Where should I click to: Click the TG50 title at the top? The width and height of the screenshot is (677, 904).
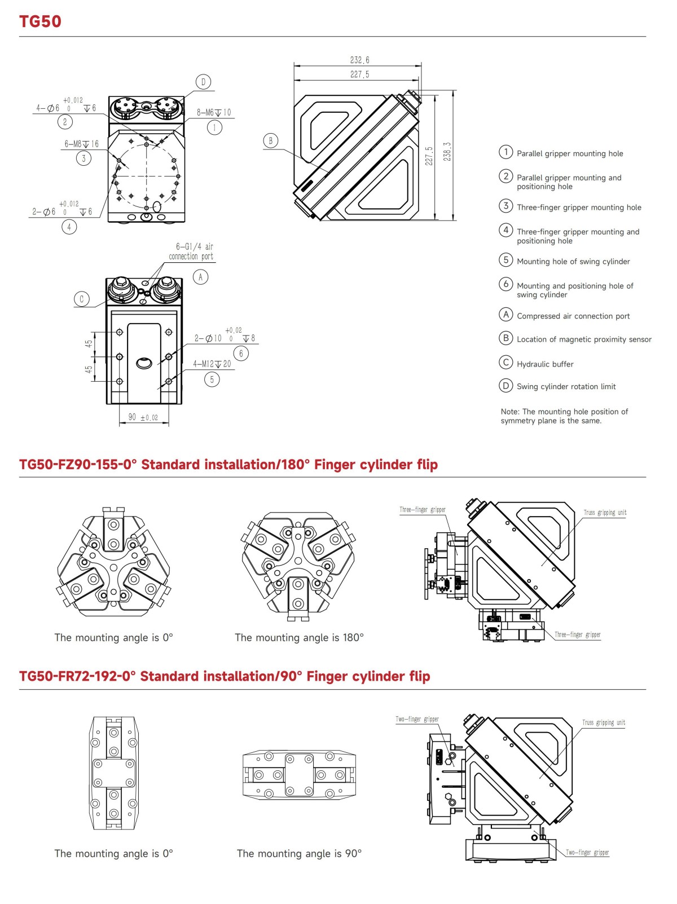(x=40, y=21)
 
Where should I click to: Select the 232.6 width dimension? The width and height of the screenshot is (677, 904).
(x=359, y=60)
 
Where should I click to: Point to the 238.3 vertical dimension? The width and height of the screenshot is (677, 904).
(x=447, y=152)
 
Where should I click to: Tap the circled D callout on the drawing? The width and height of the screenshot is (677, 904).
(x=203, y=82)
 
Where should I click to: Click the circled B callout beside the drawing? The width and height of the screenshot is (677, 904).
(x=271, y=140)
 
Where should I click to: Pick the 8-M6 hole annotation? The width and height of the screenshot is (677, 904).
(x=214, y=113)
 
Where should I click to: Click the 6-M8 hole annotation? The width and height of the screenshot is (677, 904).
(x=81, y=144)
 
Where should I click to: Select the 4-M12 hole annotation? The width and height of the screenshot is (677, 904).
(x=212, y=364)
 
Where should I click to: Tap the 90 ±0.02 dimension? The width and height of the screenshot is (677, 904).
(x=143, y=417)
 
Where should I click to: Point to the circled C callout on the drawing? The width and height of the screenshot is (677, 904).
(x=82, y=299)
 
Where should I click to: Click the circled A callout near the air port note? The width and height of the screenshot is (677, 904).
(x=200, y=277)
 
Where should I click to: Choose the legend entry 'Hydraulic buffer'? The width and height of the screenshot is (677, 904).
(x=545, y=364)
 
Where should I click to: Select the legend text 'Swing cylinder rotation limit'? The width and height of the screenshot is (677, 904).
(x=566, y=386)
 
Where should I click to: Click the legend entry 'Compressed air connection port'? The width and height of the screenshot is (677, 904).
(x=573, y=316)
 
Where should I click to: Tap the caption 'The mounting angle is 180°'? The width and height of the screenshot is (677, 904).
(x=299, y=638)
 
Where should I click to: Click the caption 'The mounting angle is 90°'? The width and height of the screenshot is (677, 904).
(x=299, y=854)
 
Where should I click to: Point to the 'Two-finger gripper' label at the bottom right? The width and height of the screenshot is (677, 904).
(x=587, y=852)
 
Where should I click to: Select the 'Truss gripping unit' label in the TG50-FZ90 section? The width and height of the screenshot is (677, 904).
(x=605, y=513)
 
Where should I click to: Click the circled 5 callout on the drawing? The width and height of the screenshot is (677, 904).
(x=212, y=380)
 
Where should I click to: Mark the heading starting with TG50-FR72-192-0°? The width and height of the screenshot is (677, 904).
(x=225, y=676)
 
